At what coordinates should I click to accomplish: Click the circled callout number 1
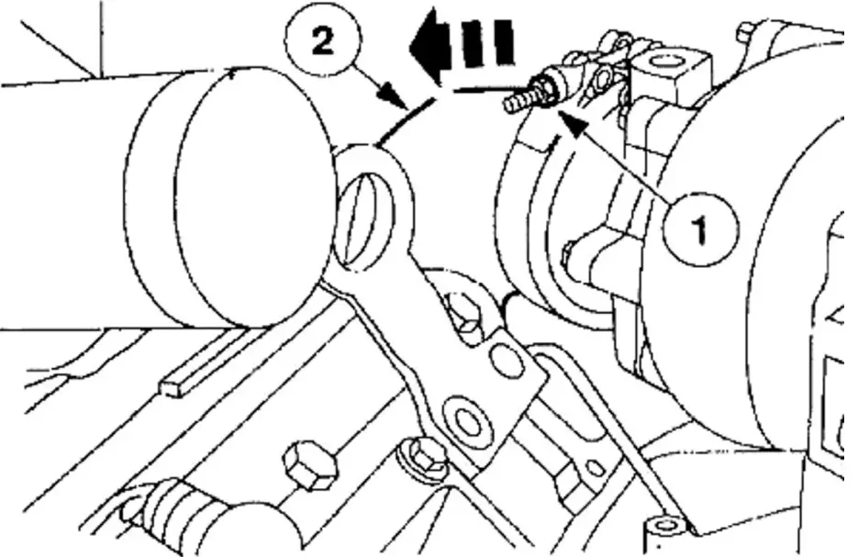pos(701,231)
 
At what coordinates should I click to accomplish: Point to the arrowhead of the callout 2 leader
pos(396,95)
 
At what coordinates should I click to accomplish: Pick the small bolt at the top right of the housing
pos(745,33)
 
